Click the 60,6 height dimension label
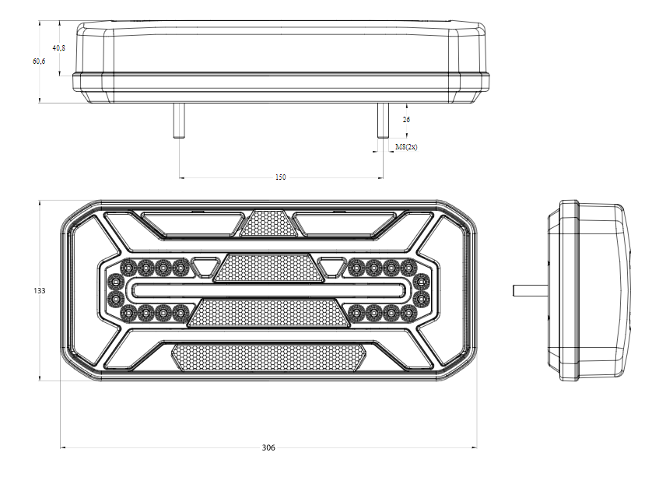pyautogui.click(x=39, y=61)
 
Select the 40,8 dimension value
pyautogui.click(x=59, y=48)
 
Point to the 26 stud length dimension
pyautogui.click(x=406, y=120)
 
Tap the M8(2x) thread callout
pyautogui.click(x=406, y=146)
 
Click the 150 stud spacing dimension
pyautogui.click(x=280, y=177)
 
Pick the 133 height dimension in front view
pyautogui.click(x=39, y=290)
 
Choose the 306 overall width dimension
pyautogui.click(x=268, y=447)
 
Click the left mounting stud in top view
pyautogui.click(x=180, y=121)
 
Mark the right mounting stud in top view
pyautogui.click(x=383, y=121)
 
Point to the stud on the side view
pyautogui.click(x=531, y=290)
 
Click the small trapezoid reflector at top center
pyautogui.click(x=268, y=223)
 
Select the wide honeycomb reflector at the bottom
pyautogui.click(x=268, y=358)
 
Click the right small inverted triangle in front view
pyautogui.click(x=333, y=266)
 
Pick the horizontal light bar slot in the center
pyautogui.click(x=269, y=290)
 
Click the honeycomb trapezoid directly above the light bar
pyautogui.click(x=269, y=268)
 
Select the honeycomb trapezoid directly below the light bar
pyautogui.click(x=269, y=313)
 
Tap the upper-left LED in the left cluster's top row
pyautogui.click(x=128, y=267)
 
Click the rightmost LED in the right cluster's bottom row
pyautogui.click(x=408, y=313)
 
